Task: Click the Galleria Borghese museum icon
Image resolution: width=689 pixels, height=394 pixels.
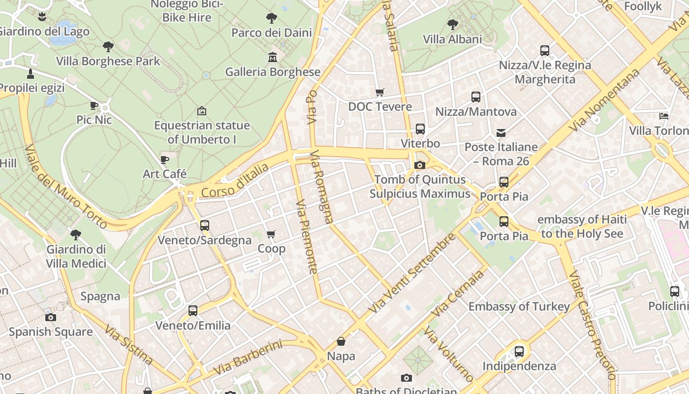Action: tap(273, 58)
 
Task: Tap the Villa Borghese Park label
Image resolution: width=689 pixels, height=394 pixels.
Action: tap(108, 61)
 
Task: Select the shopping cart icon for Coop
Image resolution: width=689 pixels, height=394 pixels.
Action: tap(271, 234)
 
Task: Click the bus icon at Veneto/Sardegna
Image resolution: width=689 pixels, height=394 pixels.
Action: tap(205, 226)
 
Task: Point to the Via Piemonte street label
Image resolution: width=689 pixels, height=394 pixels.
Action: tap(307, 237)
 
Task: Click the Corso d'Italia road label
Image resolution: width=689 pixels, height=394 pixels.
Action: tap(235, 181)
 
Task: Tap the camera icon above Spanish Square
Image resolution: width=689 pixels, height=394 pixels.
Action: tap(51, 318)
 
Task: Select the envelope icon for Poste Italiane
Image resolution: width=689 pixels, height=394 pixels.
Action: tap(501, 132)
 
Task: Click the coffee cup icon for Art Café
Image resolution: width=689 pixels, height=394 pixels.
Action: tap(165, 160)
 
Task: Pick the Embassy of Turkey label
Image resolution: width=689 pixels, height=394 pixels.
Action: tap(519, 306)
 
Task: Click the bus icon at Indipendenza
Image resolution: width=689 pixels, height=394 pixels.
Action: tap(519, 352)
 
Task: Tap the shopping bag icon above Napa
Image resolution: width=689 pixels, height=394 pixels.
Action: tap(341, 341)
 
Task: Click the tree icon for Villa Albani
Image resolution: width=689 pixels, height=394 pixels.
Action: tap(453, 25)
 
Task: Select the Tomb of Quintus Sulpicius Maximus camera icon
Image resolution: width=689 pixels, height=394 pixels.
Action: tap(420, 165)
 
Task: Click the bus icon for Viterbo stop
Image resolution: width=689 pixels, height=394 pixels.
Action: tap(420, 129)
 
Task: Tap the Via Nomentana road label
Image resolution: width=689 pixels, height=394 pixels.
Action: tap(605, 100)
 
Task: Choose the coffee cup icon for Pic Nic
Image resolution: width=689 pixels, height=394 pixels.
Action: tap(94, 105)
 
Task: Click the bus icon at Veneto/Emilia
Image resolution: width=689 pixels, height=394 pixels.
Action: tap(193, 311)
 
